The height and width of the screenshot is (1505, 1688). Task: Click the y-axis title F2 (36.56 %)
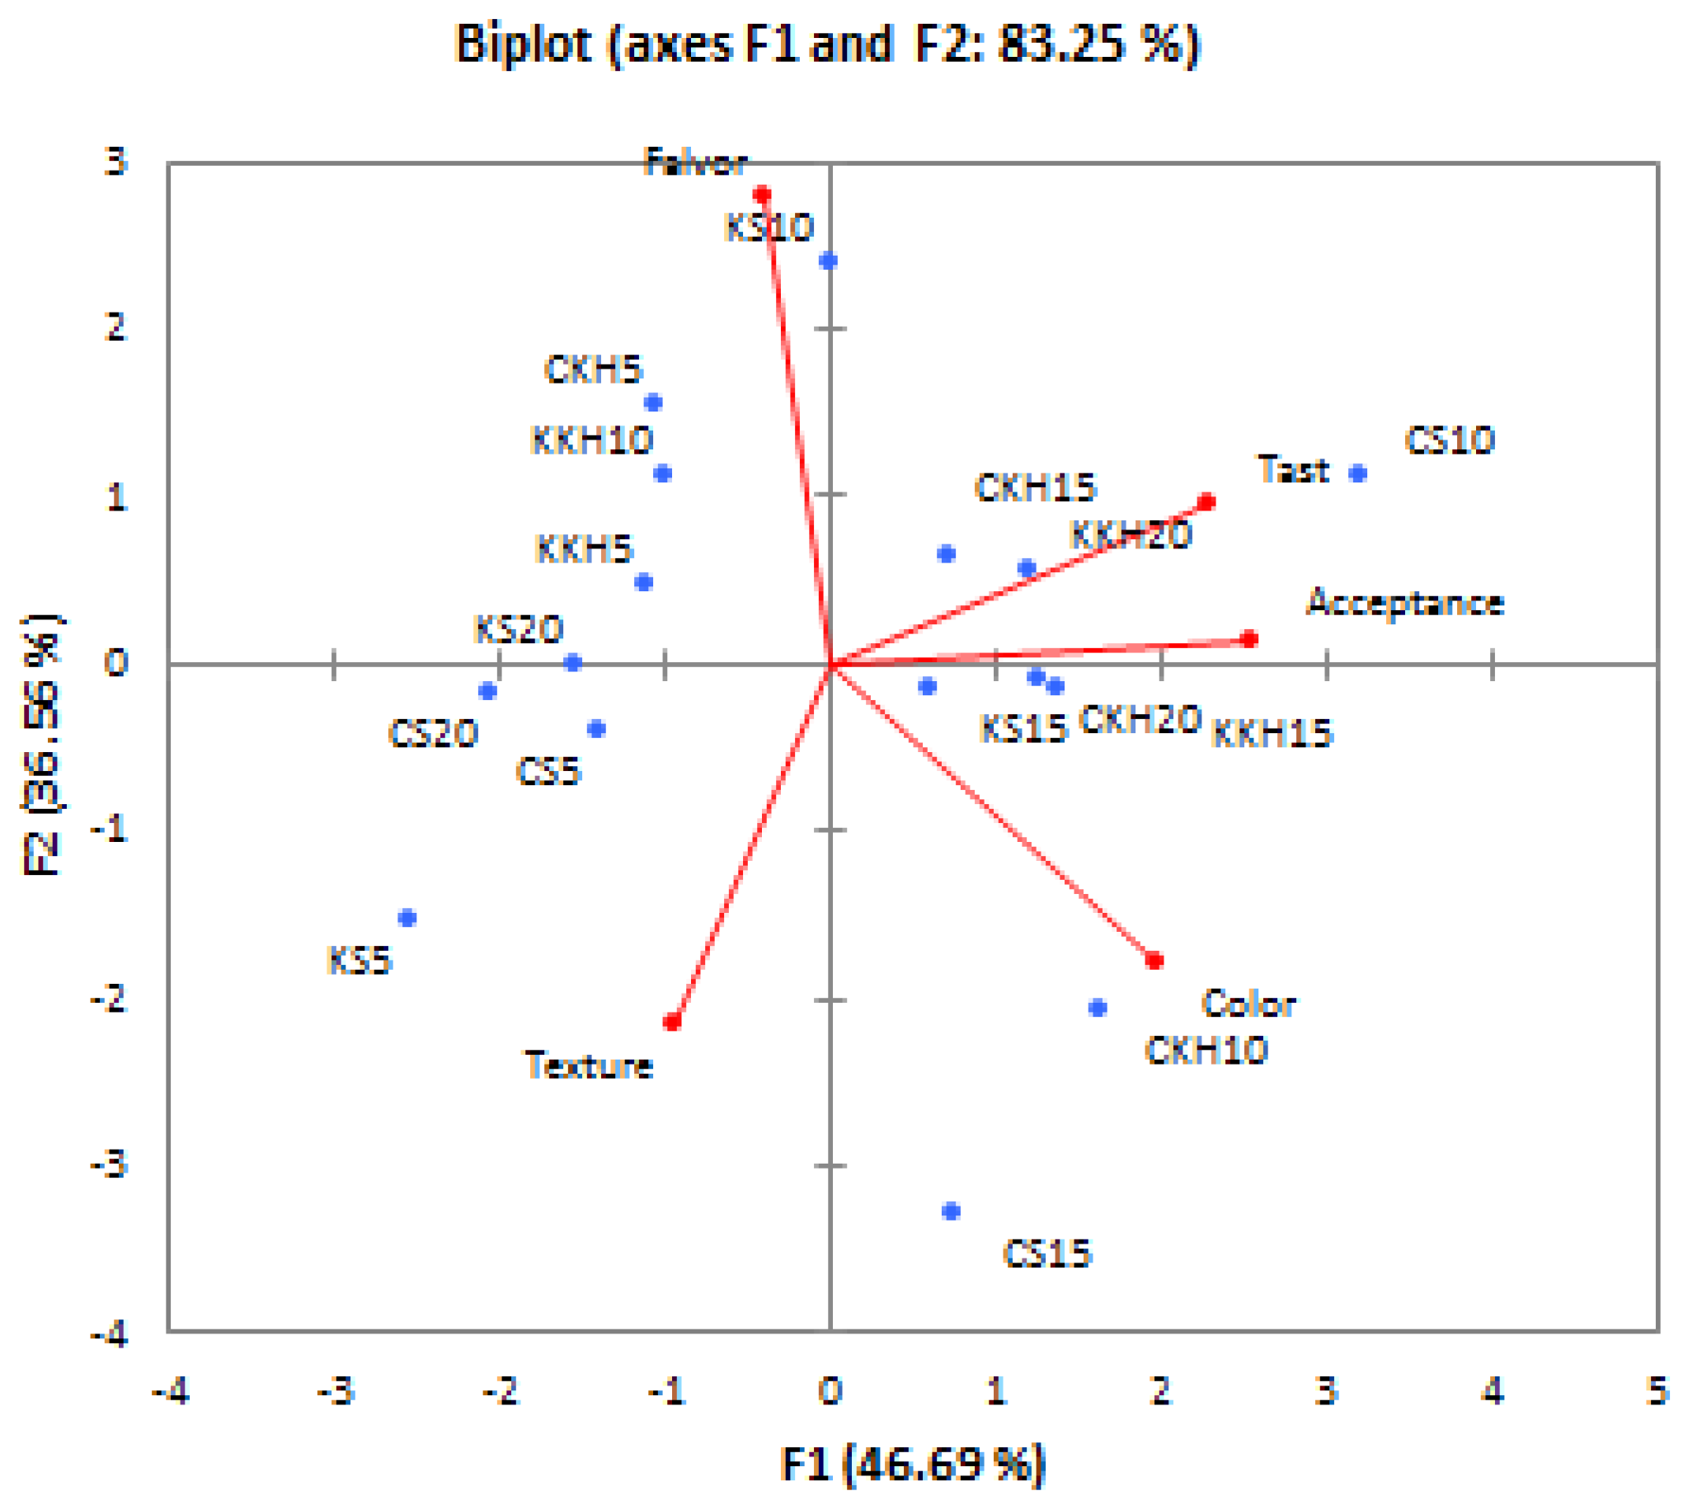pos(40,744)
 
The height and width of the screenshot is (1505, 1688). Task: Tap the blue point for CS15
pos(951,1211)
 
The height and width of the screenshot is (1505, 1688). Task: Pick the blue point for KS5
pos(407,918)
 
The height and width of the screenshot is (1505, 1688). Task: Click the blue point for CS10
pos(1358,473)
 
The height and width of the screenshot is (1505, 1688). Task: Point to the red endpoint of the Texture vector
pos(672,1022)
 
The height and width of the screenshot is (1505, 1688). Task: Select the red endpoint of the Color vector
pos(1154,960)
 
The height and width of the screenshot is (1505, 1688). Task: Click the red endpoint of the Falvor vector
pos(762,195)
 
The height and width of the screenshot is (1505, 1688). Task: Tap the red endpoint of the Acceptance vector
pos(1249,638)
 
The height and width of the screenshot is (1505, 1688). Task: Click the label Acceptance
pos(1405,603)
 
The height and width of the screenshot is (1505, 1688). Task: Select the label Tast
pos(1293,470)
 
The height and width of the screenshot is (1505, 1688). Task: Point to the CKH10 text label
pos(1206,1051)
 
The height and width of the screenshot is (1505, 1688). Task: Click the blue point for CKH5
pos(653,402)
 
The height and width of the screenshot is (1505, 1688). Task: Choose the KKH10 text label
pos(592,440)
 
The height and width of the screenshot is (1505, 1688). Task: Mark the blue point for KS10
pos(829,261)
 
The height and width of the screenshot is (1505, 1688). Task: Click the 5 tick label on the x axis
pos(1657,1391)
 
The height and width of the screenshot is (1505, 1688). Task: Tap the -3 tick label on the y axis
pos(109,1165)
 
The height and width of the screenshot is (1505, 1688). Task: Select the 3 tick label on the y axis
pos(115,162)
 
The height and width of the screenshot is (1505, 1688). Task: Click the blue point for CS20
pos(488,690)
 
